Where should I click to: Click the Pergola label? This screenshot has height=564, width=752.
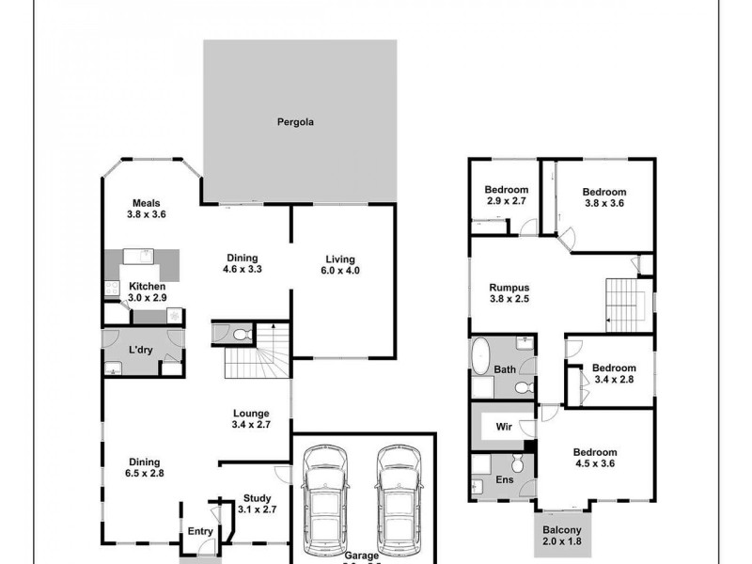click(294, 122)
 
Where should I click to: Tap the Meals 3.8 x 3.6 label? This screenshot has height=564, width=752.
click(146, 209)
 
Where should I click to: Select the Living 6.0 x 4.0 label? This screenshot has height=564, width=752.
click(342, 265)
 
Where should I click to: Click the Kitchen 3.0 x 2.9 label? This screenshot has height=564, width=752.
click(148, 291)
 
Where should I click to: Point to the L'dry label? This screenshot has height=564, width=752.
click(141, 351)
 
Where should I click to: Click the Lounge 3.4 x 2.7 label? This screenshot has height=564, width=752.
click(251, 419)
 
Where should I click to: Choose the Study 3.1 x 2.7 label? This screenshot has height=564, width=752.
click(257, 505)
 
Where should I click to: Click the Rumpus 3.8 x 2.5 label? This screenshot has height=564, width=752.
click(510, 294)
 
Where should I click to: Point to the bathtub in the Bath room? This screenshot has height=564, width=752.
click(480, 359)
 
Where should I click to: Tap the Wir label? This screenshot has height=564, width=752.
click(503, 427)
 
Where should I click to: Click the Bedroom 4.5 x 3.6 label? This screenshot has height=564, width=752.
click(594, 458)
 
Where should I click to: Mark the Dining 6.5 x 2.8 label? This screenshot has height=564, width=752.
click(146, 468)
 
